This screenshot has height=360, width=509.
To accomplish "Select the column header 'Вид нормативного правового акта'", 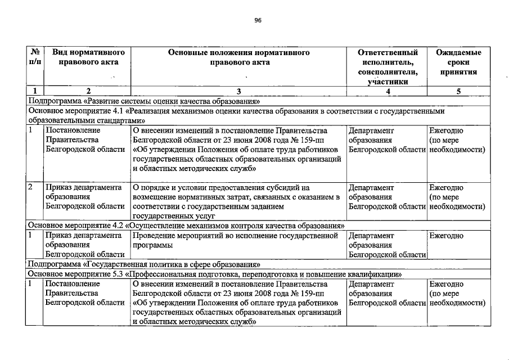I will click(88, 57).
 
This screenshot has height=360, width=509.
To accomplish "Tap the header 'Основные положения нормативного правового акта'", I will click(239, 57).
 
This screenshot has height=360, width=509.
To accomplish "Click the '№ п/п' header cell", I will click(34, 57).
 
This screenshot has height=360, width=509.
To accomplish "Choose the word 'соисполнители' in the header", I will click(388, 72).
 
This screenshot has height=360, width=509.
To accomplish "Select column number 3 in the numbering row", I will click(238, 91).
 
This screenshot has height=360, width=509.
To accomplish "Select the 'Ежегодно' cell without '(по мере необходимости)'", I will click(446, 236).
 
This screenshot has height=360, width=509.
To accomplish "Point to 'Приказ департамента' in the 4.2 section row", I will click(84, 236).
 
